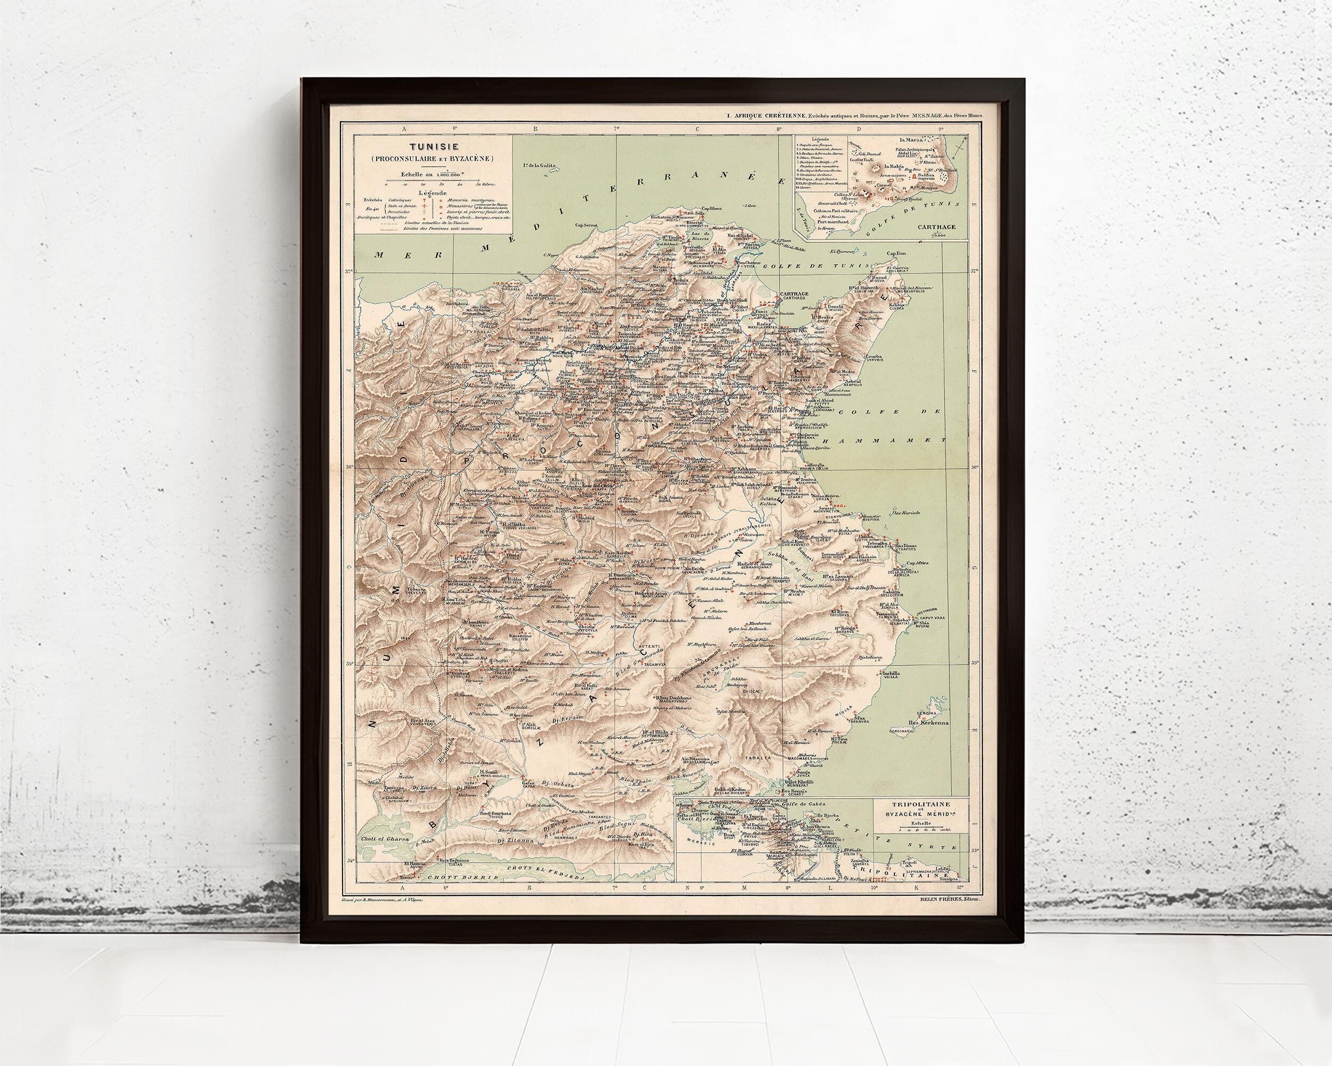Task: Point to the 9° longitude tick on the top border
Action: coord(940,129)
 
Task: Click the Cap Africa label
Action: coord(918,563)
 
